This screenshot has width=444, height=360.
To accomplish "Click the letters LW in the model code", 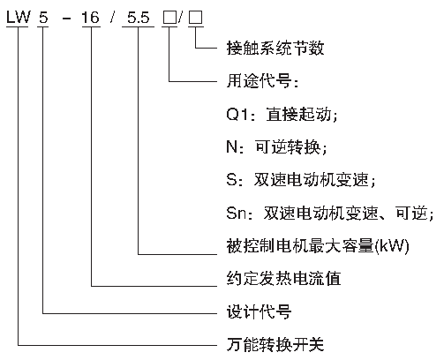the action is coord(19,17).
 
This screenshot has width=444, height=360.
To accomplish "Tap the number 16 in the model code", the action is coord(91,18).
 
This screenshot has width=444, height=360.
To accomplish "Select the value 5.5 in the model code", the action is coord(139,18).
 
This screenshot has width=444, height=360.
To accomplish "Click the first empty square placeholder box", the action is coord(169,18).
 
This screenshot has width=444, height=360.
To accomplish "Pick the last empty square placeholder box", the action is coord(196,18).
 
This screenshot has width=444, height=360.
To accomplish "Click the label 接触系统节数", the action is coord(275,48).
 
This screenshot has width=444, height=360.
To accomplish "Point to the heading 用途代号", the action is coord(260,80).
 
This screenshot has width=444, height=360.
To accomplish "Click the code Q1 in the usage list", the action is coord(237,114).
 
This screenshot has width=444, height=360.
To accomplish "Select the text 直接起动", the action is coord(298,114).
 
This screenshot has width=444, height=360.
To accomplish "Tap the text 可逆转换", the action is coord(288,146).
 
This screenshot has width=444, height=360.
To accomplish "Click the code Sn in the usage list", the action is coord(236,213).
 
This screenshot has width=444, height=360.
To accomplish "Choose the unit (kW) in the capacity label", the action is coord(392,245).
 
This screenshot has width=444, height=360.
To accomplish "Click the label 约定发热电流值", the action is coord(283,278).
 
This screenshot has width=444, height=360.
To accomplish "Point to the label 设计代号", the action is coord(259,311).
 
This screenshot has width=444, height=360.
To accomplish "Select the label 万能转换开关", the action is coord(275,344).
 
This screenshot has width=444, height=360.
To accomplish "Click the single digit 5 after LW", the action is coord(43,18).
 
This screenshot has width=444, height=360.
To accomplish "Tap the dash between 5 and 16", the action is coord(67,19).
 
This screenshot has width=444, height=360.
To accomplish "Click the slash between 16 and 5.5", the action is coord(112,18).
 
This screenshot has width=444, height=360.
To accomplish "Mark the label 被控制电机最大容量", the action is coord(300,245).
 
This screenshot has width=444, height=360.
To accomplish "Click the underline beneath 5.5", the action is coord(138,27).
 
